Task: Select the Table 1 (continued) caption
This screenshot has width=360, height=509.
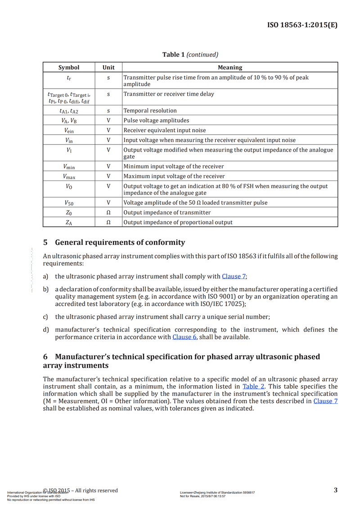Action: point(190,54)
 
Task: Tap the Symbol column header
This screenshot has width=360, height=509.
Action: point(69,68)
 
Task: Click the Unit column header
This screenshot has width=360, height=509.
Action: point(108,68)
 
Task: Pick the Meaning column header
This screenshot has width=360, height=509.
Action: point(230,68)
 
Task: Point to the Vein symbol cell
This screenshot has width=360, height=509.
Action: point(69,131)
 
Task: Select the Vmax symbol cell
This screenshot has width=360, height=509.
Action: point(69,176)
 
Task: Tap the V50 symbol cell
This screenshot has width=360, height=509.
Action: point(69,203)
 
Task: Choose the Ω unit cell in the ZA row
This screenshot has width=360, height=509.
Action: point(108,222)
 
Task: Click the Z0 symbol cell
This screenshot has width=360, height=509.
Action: point(69,212)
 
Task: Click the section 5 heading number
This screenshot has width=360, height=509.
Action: point(45,243)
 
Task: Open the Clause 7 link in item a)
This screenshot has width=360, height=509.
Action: point(234,276)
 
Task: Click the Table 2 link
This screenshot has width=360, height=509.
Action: point(253,386)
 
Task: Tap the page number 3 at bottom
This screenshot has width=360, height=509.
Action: point(336,490)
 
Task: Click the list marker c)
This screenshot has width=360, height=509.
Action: point(45,317)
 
